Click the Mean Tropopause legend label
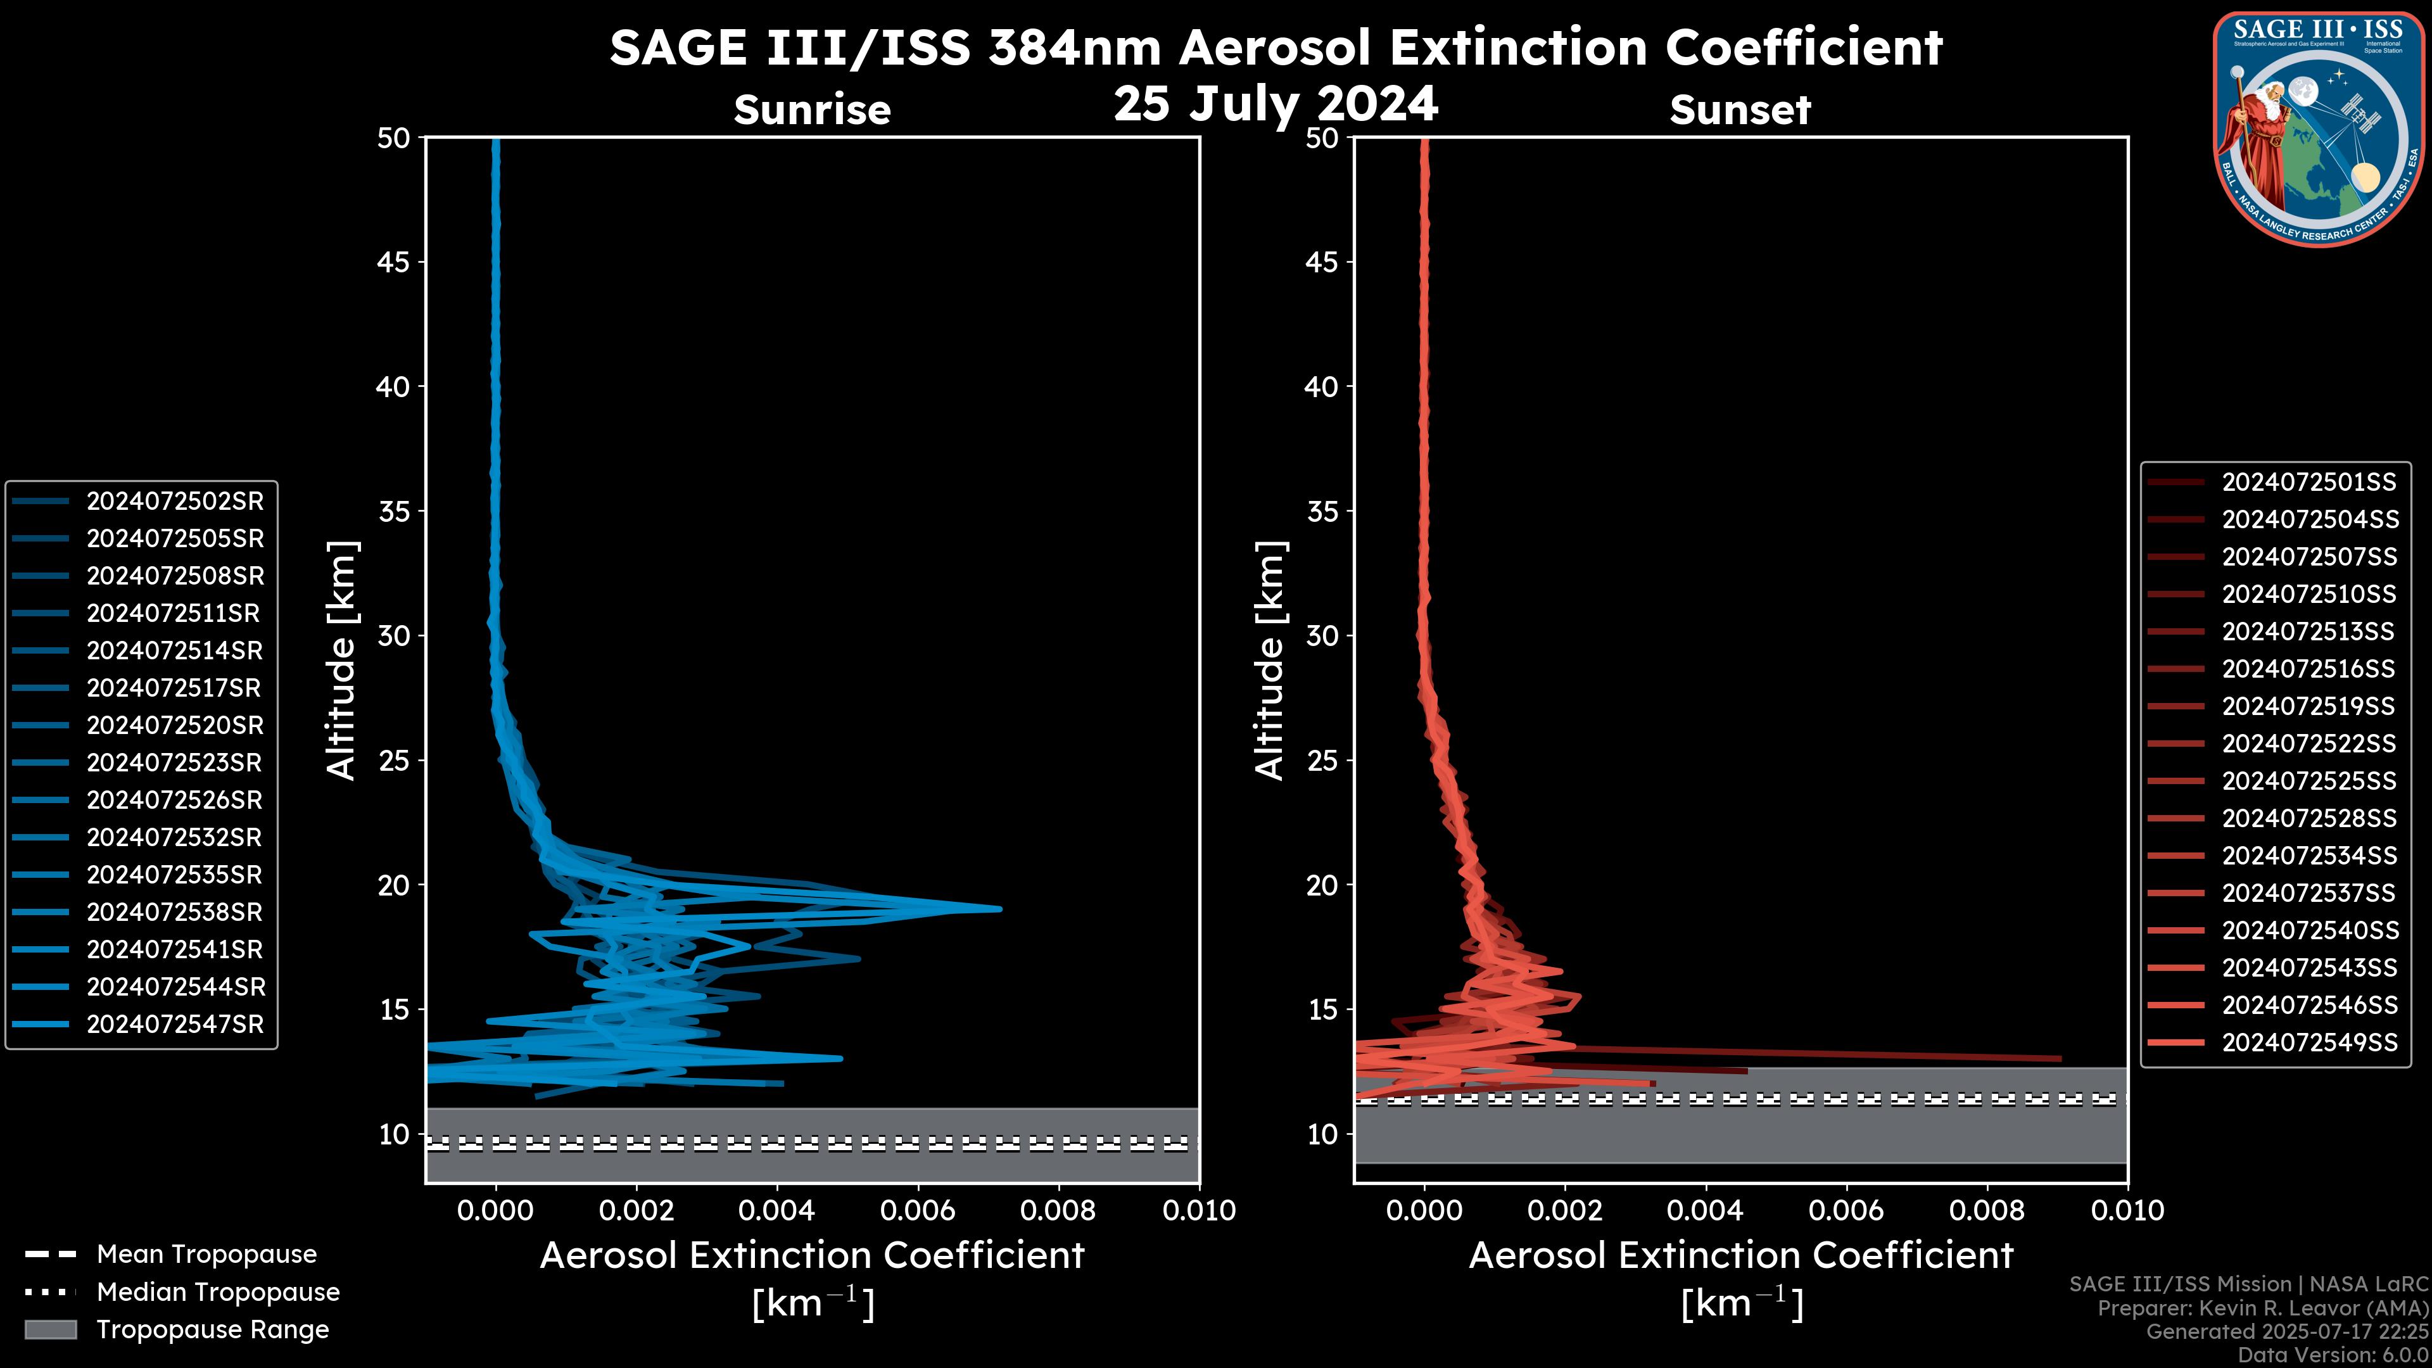tap(206, 1255)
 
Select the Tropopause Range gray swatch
tap(50, 1329)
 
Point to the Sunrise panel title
tap(812, 110)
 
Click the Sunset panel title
tap(1740, 110)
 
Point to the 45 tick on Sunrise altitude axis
tap(394, 262)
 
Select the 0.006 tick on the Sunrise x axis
tap(918, 1210)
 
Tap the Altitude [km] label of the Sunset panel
tap(1270, 661)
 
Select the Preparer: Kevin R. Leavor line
tap(2262, 1308)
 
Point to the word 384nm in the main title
tap(1074, 47)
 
